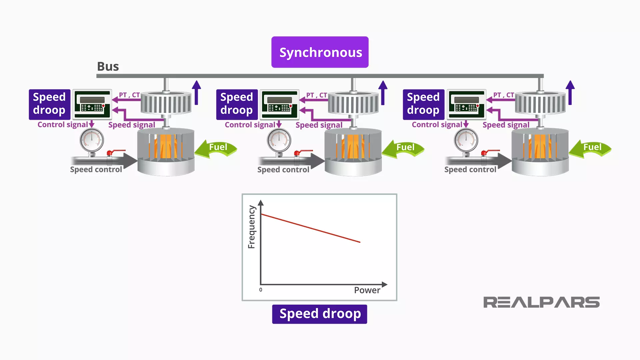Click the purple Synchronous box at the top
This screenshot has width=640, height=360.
[x=320, y=52]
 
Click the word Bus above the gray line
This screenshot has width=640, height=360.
[x=108, y=66]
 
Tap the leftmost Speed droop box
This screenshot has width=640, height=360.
[x=49, y=104]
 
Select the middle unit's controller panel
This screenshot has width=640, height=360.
[x=279, y=104]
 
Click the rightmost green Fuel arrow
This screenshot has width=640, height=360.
[x=591, y=148]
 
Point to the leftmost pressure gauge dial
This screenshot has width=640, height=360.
[x=92, y=140]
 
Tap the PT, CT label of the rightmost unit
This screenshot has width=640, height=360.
[x=503, y=95]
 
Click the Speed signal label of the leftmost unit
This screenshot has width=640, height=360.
[x=132, y=125]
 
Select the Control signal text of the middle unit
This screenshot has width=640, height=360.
[x=250, y=125]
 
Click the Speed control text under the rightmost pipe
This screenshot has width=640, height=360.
[x=470, y=170]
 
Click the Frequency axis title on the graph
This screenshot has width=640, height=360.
[x=252, y=227]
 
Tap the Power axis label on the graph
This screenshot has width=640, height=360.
[x=367, y=290]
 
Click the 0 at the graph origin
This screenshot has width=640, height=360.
[x=261, y=290]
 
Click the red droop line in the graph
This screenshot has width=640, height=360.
[x=310, y=228]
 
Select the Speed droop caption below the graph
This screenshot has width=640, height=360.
[x=320, y=314]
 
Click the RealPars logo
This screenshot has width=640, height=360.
[x=541, y=302]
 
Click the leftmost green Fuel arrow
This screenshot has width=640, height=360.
[x=216, y=148]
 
